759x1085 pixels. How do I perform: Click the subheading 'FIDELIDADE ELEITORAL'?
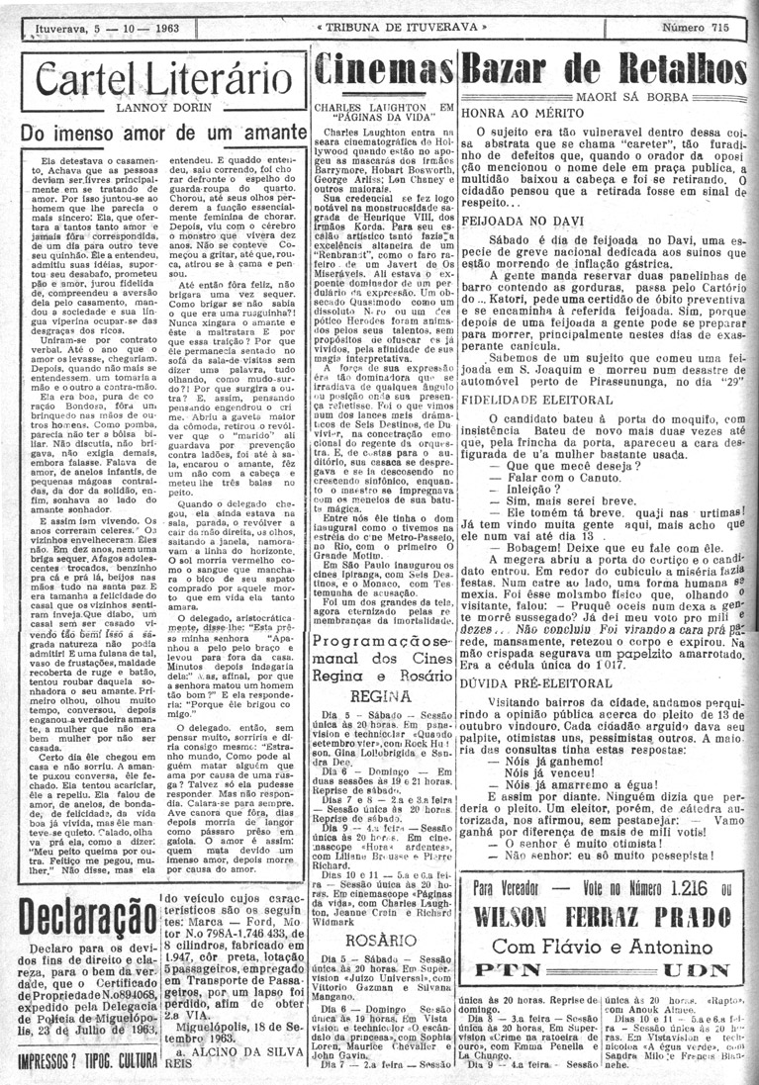(527, 405)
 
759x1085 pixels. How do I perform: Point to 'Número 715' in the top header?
(703, 28)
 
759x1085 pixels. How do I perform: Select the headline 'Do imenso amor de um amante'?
(159, 133)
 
